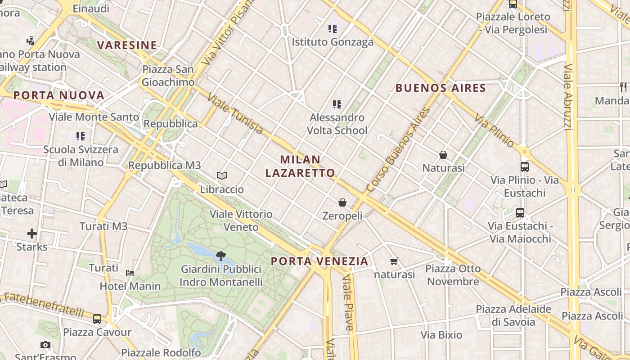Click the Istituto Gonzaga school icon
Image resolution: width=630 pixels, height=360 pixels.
click(x=333, y=29)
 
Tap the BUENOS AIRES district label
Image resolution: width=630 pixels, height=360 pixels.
click(x=441, y=88)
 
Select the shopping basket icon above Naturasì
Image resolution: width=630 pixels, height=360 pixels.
click(x=443, y=155)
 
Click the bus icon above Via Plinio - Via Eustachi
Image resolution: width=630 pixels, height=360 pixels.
click(x=524, y=167)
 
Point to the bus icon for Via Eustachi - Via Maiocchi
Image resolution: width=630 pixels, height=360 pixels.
click(x=520, y=212)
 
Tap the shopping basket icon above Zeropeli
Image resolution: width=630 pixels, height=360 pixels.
click(x=342, y=202)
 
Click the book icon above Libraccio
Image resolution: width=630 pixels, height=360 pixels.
click(x=221, y=175)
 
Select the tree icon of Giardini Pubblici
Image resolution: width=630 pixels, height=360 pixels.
click(x=220, y=256)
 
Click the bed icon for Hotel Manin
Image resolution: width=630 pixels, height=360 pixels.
click(x=130, y=273)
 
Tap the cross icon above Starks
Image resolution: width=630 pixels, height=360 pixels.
click(x=31, y=234)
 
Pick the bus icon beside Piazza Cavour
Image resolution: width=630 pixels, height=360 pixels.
click(x=97, y=319)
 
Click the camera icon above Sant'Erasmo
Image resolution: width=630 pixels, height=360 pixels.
click(x=45, y=345)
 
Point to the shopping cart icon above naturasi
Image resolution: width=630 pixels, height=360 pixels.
click(x=394, y=261)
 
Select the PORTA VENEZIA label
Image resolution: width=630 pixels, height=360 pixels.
click(x=319, y=261)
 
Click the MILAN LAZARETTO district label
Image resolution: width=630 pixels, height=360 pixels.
click(x=300, y=166)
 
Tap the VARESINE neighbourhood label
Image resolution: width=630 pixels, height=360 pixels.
click(x=127, y=45)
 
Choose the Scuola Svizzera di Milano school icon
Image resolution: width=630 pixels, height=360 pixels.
click(x=81, y=136)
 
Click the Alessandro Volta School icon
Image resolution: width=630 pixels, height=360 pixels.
click(x=337, y=104)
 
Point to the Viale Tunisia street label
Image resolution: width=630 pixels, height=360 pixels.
click(x=235, y=115)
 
